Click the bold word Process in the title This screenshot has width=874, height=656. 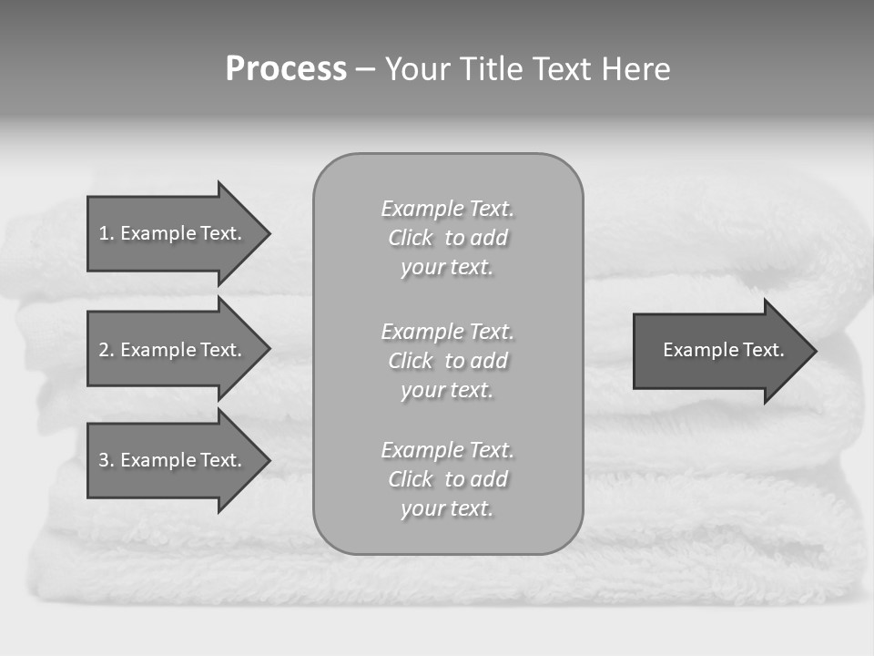[286, 69]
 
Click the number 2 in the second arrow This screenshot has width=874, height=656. [104, 350]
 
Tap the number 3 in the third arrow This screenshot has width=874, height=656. [104, 460]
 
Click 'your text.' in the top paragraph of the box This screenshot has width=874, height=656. [447, 268]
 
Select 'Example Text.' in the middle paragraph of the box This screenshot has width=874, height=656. [447, 332]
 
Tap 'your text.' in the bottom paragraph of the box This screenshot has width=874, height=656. [447, 509]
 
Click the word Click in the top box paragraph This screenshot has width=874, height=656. [411, 239]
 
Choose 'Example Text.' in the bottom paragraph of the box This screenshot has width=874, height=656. [447, 450]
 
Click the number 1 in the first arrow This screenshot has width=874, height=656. [104, 233]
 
